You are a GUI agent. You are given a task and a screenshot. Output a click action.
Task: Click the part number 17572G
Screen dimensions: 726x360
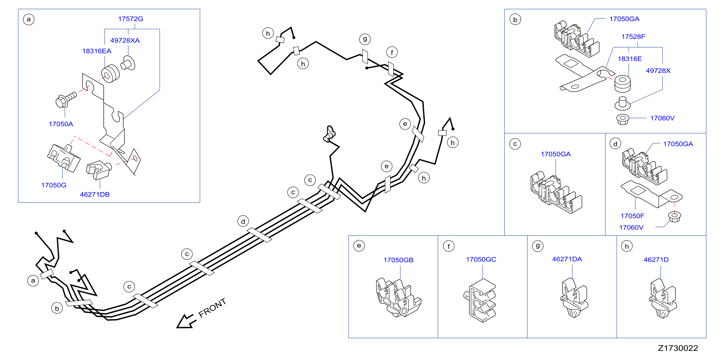click(131, 19)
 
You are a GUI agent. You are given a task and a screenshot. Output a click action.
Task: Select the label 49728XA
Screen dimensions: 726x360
click(125, 40)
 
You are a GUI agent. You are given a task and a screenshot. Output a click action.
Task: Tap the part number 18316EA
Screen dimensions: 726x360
click(97, 51)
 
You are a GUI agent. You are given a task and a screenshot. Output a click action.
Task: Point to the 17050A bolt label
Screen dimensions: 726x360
click(61, 124)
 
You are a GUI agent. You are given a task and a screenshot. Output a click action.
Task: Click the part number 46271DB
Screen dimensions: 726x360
click(95, 195)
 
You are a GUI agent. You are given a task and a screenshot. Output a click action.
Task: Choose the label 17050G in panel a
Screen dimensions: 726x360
click(54, 185)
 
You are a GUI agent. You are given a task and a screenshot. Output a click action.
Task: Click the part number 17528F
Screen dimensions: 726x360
click(633, 37)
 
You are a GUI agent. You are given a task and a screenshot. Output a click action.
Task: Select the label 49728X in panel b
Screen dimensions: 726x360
click(658, 71)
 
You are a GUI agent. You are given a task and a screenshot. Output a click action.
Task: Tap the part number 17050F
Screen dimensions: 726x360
click(632, 216)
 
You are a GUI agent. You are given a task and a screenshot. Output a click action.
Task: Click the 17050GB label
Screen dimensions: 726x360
click(399, 260)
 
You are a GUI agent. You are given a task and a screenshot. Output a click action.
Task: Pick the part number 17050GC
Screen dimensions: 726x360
click(481, 259)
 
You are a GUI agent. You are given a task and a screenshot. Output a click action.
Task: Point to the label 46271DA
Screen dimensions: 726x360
click(567, 259)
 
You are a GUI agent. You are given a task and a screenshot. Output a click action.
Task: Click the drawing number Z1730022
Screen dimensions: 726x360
click(678, 348)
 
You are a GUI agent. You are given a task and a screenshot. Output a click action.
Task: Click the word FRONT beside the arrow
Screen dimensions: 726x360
click(212, 308)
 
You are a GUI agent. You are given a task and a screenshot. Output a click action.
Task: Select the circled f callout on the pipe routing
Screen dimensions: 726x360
click(392, 52)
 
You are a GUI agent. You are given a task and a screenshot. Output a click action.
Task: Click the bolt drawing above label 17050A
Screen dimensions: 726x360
click(66, 100)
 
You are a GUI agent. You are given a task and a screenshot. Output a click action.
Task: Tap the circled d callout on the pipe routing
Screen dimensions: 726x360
click(243, 221)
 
